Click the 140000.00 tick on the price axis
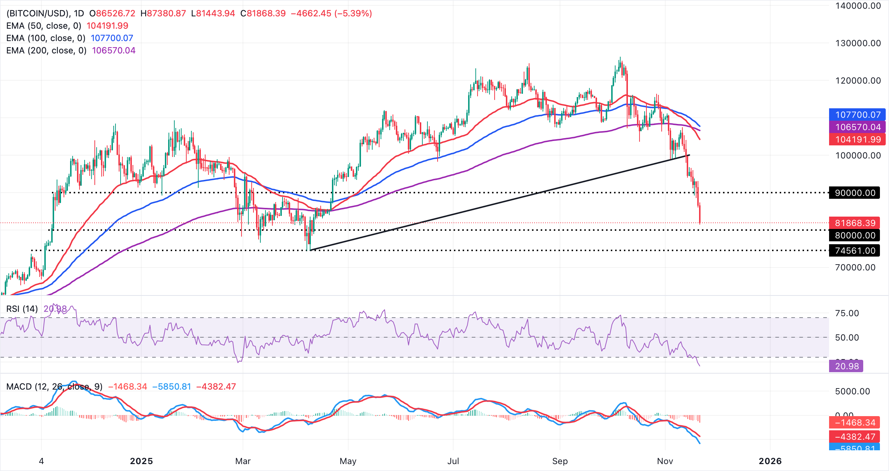coord(858,6)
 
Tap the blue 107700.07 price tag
coord(857,115)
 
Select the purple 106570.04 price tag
coord(857,127)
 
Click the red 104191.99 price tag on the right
coord(857,140)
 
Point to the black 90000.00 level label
coord(855,193)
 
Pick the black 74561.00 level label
coord(855,251)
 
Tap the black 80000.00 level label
coord(855,235)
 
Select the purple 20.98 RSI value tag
coord(846,366)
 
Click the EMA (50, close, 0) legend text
coord(44,26)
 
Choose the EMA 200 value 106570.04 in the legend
coord(114,51)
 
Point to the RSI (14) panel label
coord(22,309)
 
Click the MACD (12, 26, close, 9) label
coord(54,387)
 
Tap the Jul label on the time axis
coord(453,461)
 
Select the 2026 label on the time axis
coord(770,461)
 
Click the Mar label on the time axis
coord(243,461)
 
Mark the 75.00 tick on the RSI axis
coord(847,313)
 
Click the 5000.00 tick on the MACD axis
coord(852,391)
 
